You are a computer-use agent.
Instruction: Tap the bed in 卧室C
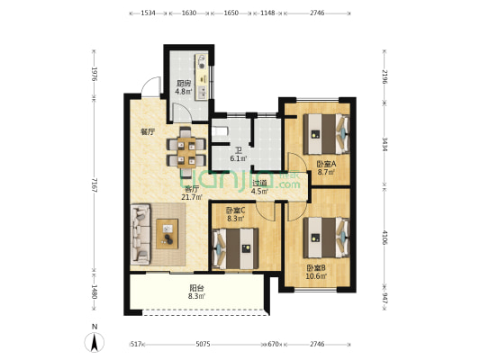[x=235, y=248]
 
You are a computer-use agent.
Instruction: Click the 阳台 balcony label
[x=197, y=287]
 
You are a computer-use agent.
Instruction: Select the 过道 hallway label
[x=260, y=183]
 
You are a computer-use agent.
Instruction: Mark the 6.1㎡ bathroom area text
[x=239, y=158]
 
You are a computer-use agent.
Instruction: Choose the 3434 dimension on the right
[x=384, y=145]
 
